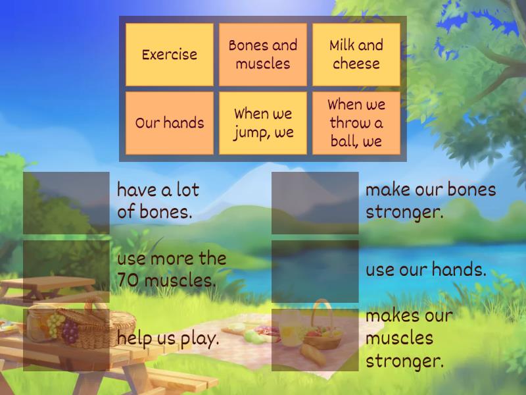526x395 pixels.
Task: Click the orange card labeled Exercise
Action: click(x=170, y=55)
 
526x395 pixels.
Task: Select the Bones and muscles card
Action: click(x=263, y=55)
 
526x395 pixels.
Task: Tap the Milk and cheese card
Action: click(x=356, y=55)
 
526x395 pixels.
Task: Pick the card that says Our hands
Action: click(x=170, y=123)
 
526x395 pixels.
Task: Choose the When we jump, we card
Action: click(x=263, y=123)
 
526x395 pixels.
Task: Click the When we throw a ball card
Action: click(x=356, y=123)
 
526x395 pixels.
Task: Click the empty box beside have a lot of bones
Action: click(x=66, y=203)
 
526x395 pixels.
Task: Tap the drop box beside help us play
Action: click(x=66, y=340)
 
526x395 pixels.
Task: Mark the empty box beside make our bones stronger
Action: click(x=315, y=203)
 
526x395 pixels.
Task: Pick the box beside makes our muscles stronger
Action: click(x=315, y=340)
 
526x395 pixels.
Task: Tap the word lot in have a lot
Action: click(x=187, y=190)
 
